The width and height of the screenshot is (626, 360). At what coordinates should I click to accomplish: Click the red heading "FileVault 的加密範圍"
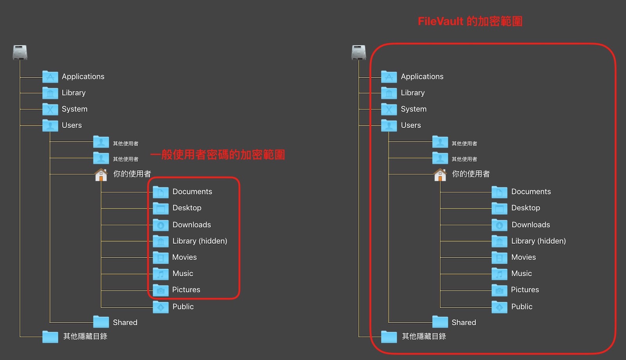470,21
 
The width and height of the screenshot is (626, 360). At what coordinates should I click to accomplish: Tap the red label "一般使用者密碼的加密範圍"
218,155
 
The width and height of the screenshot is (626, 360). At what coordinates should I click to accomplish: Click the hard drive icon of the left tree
20,52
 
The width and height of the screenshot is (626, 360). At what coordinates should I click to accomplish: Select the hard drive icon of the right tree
359,52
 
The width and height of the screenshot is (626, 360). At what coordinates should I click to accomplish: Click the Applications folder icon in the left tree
50,77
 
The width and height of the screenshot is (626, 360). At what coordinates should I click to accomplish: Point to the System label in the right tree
414,109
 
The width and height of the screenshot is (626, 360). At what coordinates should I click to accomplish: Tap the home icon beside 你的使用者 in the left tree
101,175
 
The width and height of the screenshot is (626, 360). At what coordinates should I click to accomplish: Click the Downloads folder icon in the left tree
160,225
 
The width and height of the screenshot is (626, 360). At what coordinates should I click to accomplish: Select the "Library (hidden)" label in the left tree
200,241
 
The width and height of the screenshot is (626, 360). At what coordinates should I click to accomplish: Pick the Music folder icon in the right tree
499,274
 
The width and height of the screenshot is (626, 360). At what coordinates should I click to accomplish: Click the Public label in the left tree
183,307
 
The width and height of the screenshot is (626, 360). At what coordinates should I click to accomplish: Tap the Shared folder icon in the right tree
440,322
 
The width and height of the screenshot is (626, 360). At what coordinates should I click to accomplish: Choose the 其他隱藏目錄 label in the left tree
85,337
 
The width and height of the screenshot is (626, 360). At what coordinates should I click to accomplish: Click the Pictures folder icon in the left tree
160,290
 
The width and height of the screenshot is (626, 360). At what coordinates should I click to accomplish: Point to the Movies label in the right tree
523,257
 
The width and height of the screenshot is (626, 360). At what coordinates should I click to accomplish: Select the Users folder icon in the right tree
389,126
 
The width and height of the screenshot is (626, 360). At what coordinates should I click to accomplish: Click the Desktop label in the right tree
525,208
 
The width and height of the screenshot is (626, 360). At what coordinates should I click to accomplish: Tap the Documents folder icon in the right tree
499,192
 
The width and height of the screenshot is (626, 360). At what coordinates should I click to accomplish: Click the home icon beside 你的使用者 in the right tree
440,175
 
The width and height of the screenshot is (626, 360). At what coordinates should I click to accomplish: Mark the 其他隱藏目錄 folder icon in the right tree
389,337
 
